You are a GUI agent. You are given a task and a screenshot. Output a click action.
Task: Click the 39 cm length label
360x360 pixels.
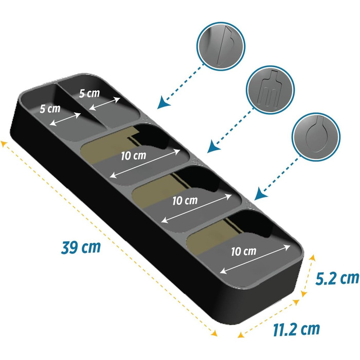click(81, 247)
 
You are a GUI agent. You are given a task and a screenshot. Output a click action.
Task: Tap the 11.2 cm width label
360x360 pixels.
click(296, 329)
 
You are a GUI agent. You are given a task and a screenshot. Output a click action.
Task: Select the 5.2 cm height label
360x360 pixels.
click(337, 278)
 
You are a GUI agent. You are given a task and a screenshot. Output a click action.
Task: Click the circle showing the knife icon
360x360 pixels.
click(221, 46)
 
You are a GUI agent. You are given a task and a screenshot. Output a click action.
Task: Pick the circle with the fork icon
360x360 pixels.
click(270, 89)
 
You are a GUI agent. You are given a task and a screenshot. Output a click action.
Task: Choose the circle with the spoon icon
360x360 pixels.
click(316, 137)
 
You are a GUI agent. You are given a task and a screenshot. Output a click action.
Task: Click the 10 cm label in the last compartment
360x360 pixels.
click(244, 251)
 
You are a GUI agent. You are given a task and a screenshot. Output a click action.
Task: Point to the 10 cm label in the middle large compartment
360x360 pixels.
click(185, 201)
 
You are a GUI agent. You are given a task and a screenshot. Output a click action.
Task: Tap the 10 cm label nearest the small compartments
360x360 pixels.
click(133, 156)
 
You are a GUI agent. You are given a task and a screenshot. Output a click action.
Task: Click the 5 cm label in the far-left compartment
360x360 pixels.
click(50, 109)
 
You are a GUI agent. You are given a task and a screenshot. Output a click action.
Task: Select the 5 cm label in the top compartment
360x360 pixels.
click(89, 93)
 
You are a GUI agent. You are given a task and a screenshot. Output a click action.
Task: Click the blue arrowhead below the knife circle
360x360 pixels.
click(164, 103)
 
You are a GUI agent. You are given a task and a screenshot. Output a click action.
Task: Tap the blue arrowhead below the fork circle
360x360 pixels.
click(213, 147)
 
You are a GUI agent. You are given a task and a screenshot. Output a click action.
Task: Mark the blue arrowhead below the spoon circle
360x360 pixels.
click(261, 194)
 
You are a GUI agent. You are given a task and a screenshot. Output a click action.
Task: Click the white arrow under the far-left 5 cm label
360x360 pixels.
click(65, 119)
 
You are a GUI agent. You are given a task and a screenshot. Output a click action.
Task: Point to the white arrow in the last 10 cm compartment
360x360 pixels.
click(255, 259)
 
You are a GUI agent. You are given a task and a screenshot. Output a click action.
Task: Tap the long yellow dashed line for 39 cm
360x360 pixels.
click(109, 238)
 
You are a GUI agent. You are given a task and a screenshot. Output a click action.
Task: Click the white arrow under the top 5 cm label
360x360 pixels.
click(104, 104)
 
